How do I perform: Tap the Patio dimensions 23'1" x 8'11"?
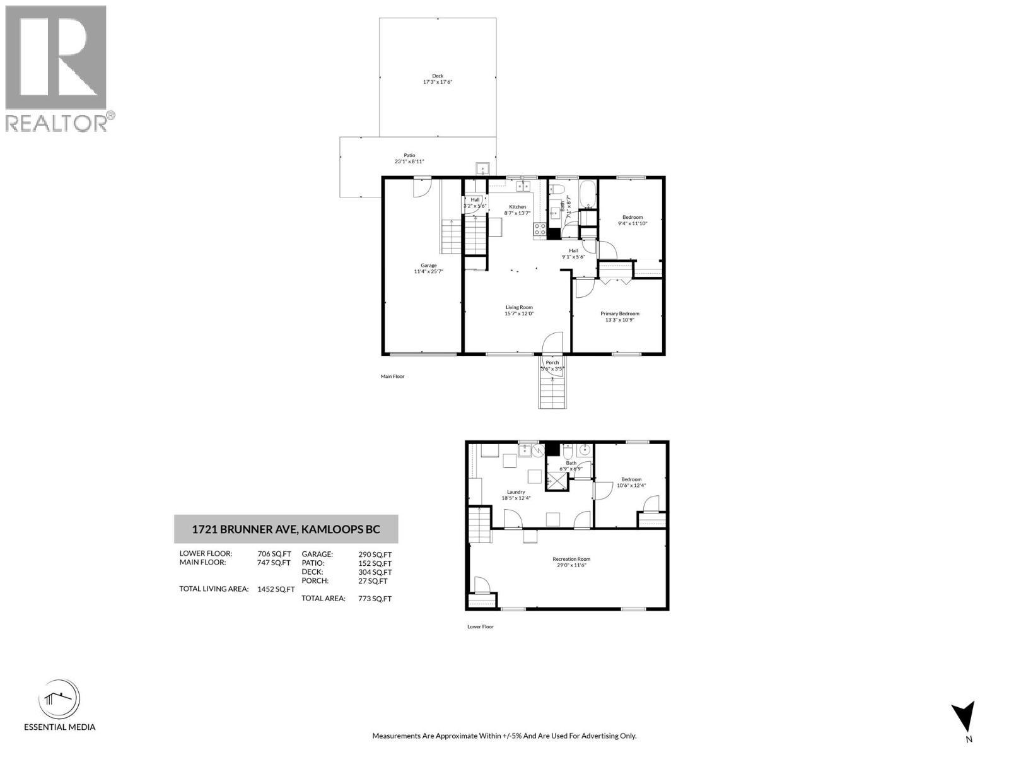point(409,161)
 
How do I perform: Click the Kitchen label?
point(518,207)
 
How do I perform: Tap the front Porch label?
point(552,363)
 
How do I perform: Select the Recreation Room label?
point(571,559)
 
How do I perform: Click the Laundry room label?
point(516,492)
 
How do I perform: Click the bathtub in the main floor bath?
point(587,193)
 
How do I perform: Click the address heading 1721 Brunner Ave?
point(286,529)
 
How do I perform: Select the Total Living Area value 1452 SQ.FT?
point(276,589)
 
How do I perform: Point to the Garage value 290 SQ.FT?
point(375,554)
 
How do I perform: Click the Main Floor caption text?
point(392,377)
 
